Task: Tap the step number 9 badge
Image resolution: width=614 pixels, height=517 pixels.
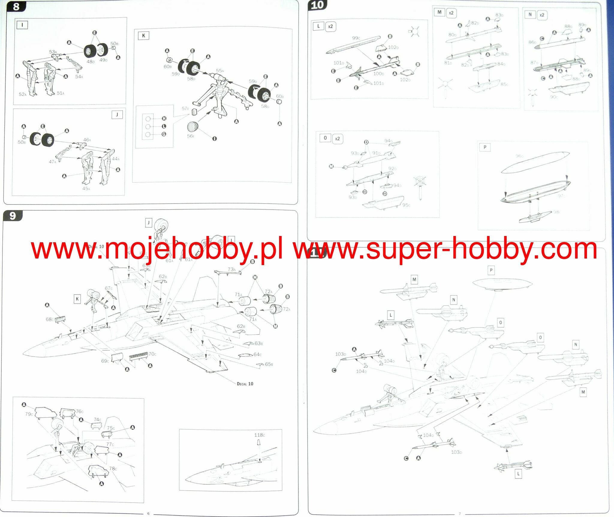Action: (x=12, y=216)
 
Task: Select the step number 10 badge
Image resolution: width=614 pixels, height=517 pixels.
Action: (x=317, y=5)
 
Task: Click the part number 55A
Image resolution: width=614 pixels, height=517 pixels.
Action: (x=220, y=71)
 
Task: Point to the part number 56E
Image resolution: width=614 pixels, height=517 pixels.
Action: (x=191, y=136)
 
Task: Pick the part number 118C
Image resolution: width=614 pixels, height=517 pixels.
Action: (x=260, y=435)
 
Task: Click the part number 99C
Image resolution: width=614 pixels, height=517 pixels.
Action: (x=356, y=38)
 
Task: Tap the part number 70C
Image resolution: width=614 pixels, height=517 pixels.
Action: (x=152, y=354)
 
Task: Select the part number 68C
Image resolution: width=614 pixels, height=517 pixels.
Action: (x=50, y=319)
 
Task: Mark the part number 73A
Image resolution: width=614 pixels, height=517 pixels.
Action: (x=232, y=269)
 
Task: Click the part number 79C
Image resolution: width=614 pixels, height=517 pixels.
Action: (x=29, y=414)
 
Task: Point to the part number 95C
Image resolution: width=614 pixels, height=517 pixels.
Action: (x=406, y=205)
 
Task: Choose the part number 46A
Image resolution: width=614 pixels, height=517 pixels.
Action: (x=87, y=140)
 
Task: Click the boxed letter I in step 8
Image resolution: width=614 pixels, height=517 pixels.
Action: (x=22, y=25)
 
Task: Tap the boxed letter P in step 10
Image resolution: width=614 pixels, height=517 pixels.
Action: (x=485, y=147)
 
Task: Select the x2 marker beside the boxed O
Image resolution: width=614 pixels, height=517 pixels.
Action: (x=337, y=139)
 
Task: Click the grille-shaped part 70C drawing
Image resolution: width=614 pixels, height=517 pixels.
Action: (x=139, y=356)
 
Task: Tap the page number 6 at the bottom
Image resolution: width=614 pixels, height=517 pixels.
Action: (x=148, y=513)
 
